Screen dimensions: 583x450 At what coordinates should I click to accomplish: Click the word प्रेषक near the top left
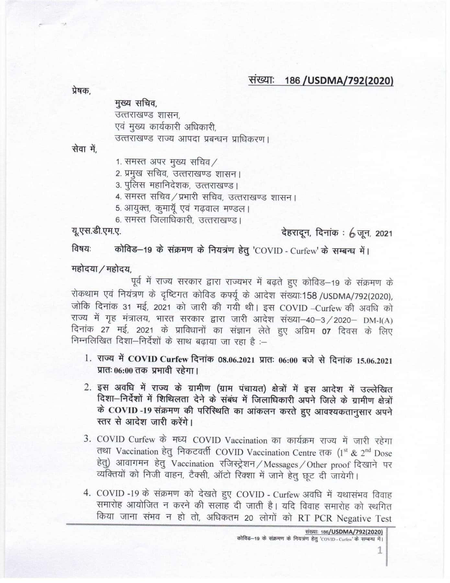[81, 91]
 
